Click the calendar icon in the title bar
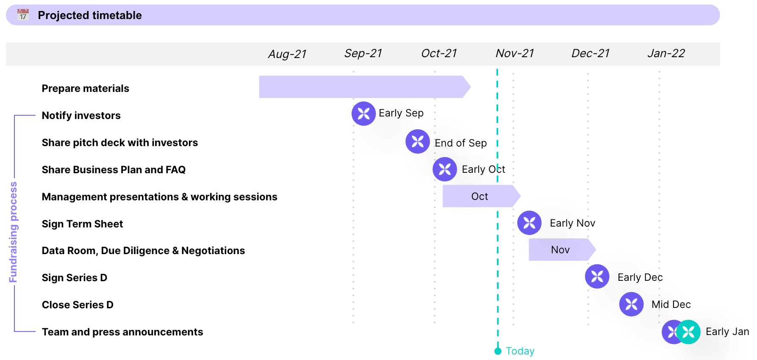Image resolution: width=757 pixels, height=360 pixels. point(23,15)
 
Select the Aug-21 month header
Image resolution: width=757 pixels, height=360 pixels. point(287,54)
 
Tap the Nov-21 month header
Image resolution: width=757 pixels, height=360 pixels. point(514,53)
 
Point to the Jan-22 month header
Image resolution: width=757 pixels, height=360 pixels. point(666,53)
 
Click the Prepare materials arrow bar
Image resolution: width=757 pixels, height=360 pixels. point(365,87)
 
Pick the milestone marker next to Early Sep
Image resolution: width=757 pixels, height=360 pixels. point(363,114)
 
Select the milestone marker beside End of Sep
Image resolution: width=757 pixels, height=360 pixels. point(418,141)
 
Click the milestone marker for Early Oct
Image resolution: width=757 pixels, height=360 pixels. point(445,169)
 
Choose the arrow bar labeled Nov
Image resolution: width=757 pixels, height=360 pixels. point(562,249)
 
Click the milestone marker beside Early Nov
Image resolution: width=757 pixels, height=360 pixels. point(530,223)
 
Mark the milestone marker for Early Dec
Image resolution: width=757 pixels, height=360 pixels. point(597,277)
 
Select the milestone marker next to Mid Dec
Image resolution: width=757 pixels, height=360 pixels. point(632,304)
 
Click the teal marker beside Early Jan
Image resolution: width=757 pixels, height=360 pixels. point(688,332)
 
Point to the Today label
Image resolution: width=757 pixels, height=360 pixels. point(520,351)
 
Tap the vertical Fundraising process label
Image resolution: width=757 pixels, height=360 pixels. point(13,232)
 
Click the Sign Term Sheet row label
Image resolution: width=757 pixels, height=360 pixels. point(82,224)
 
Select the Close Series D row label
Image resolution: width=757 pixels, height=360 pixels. point(78,305)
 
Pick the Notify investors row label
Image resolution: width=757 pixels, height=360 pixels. point(81,116)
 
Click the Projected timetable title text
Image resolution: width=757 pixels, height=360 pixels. point(90,15)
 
